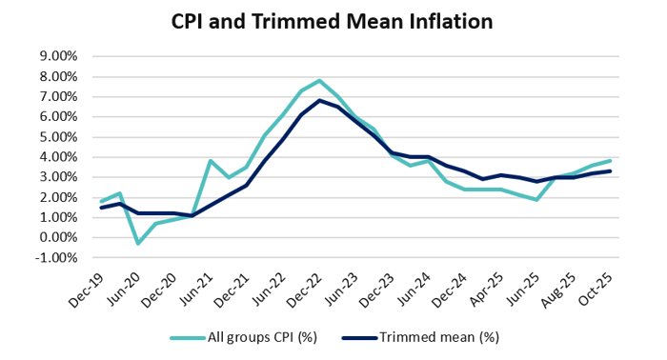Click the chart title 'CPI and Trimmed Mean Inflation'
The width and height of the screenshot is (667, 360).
pyautogui.click(x=333, y=20)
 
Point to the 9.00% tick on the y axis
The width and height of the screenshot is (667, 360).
pyautogui.click(x=58, y=56)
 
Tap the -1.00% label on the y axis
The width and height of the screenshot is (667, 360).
pyautogui.click(x=56, y=257)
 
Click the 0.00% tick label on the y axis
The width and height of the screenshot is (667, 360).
pyautogui.click(x=58, y=237)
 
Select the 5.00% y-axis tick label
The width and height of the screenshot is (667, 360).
pyautogui.click(x=58, y=136)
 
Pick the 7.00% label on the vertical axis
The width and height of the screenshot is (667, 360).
pyautogui.click(x=58, y=96)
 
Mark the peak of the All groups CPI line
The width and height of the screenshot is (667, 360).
pyautogui.click(x=320, y=81)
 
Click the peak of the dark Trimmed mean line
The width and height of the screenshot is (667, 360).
pyautogui.click(x=320, y=101)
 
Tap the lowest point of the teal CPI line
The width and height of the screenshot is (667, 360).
pyautogui.click(x=138, y=243)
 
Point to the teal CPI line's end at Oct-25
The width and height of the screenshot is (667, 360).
pyautogui.click(x=610, y=161)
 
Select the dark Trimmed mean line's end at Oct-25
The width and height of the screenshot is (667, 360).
pyautogui.click(x=610, y=171)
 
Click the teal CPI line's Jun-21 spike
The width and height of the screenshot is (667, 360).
pyautogui.click(x=211, y=161)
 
